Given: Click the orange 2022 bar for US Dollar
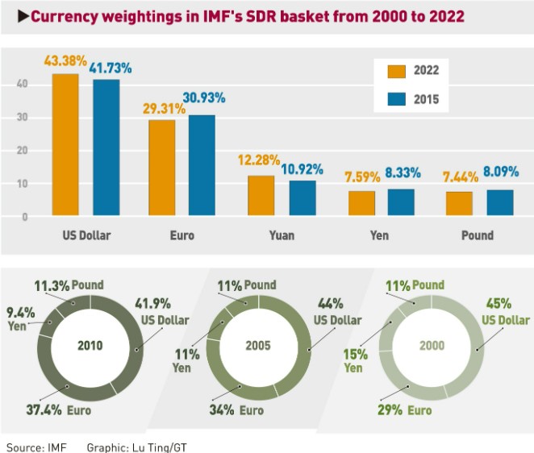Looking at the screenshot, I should tap(65, 145).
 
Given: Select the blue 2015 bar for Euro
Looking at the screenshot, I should tap(202, 165).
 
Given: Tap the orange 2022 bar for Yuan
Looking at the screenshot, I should tap(261, 196).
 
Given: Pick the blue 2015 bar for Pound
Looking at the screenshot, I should tap(499, 202).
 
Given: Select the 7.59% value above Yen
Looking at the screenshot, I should tap(359, 175).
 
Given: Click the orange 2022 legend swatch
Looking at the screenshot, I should tap(396, 70).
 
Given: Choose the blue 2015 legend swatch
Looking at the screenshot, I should tap(396, 101).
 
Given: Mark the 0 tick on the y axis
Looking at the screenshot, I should tap(25, 217).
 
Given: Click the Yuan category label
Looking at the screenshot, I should tap(282, 236).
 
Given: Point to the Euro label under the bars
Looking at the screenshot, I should tap(182, 236).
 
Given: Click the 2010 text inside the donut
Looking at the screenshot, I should tap(90, 345).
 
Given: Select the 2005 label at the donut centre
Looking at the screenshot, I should tap(258, 345).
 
